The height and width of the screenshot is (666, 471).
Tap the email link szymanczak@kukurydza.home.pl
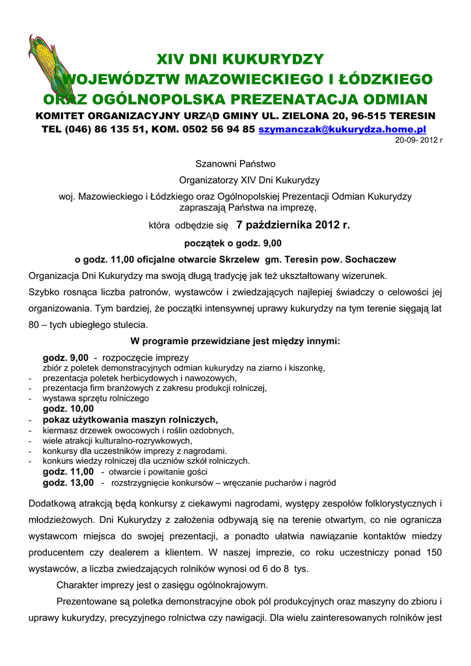click(x=342, y=129)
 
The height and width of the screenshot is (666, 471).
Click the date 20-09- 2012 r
click(x=419, y=140)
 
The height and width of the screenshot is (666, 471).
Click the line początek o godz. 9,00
click(x=235, y=243)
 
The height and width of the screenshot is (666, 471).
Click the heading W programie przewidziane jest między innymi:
click(x=235, y=341)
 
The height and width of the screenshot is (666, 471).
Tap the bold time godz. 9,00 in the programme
click(x=66, y=358)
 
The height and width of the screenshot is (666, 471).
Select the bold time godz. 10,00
click(x=68, y=408)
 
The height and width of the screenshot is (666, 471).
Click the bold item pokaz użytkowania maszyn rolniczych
click(x=130, y=420)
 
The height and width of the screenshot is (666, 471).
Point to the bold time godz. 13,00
click(x=68, y=483)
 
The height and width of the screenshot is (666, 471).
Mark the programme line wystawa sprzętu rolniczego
click(x=96, y=398)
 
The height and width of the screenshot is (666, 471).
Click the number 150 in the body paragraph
click(x=433, y=552)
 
